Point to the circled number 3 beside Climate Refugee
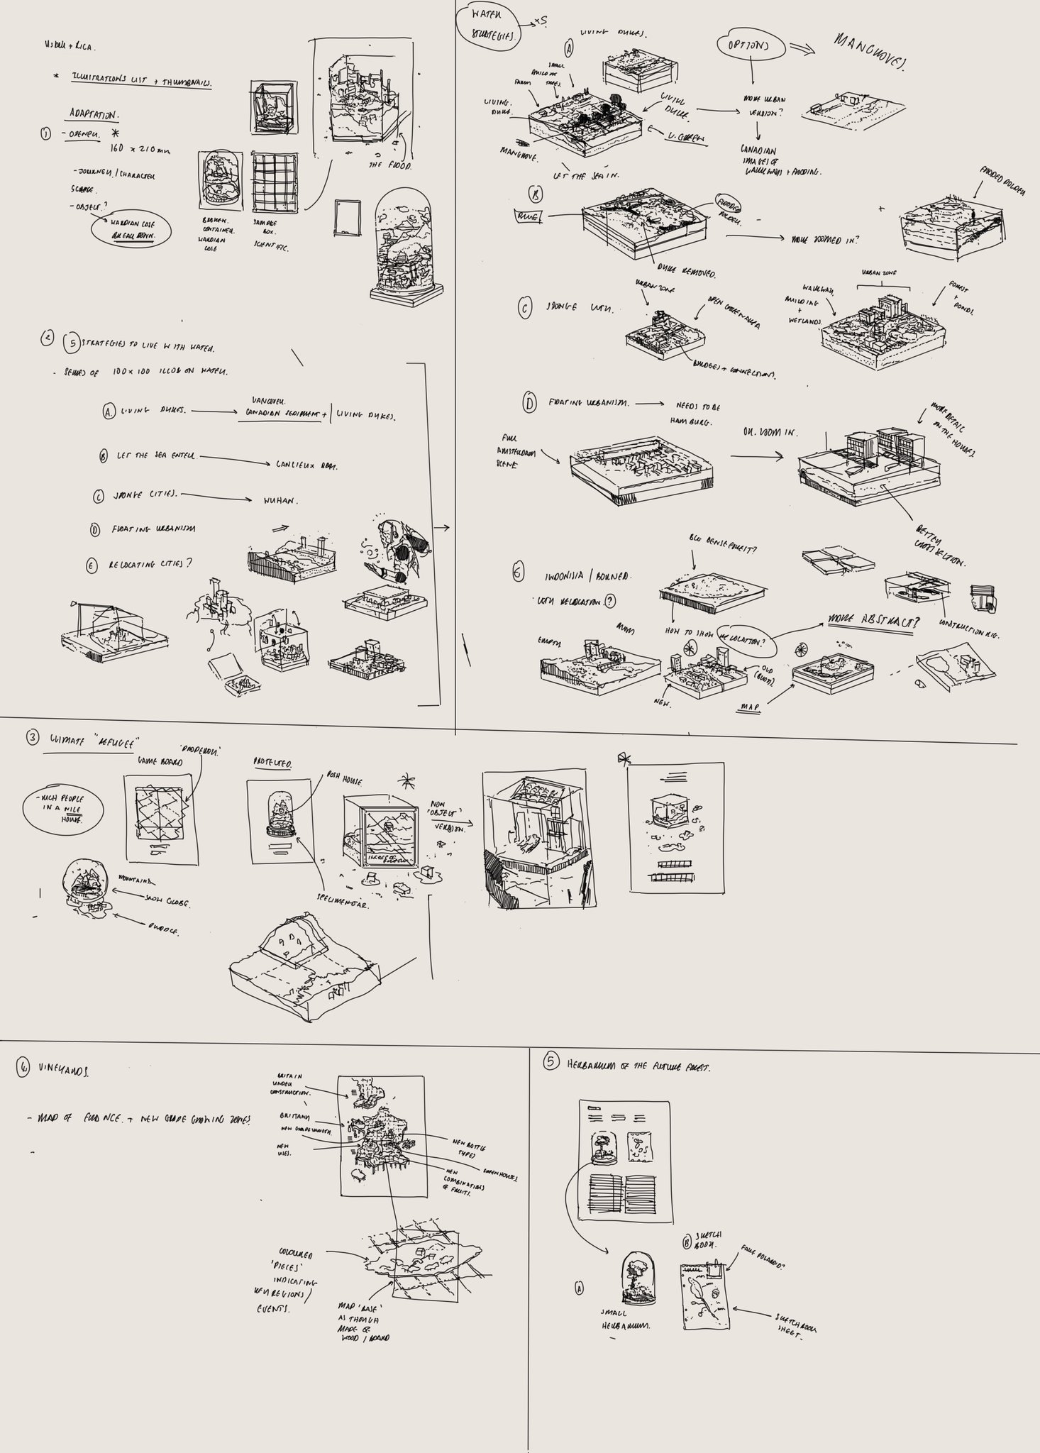[33, 738]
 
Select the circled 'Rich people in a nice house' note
[62, 809]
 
